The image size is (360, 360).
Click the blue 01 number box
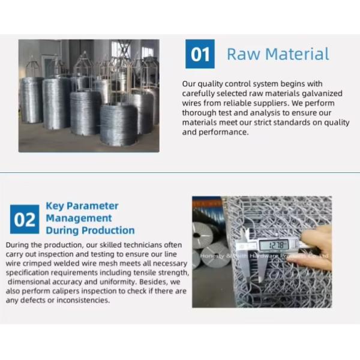click(x=200, y=54)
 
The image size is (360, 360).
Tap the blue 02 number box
click(x=25, y=219)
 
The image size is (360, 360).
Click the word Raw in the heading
click(x=244, y=54)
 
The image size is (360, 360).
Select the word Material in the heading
click(x=298, y=54)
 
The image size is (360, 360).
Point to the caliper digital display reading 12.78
click(x=274, y=245)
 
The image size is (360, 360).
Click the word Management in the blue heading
click(x=79, y=218)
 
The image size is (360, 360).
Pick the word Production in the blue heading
click(x=108, y=230)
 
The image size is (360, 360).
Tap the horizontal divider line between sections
click(x=180, y=172)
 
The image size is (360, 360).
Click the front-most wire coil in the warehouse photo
click(x=119, y=125)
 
